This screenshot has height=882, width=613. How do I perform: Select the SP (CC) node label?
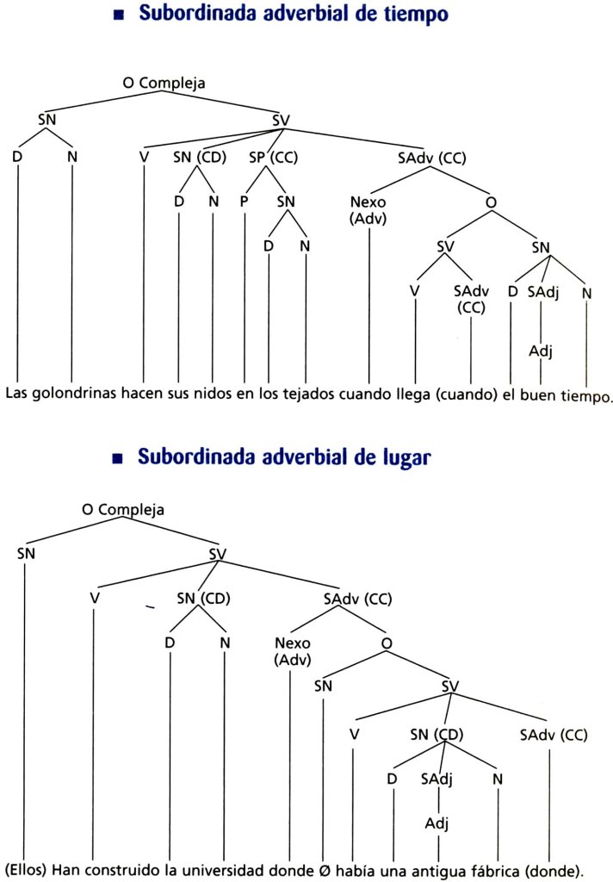coord(273,158)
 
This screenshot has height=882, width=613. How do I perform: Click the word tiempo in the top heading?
coord(416,14)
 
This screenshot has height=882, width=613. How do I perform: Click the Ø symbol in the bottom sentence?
coord(324,871)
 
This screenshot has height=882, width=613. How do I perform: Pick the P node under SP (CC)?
coord(244,202)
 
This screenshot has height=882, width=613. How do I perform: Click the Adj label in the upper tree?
coord(541,351)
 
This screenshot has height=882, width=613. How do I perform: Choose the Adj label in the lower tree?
coord(437,824)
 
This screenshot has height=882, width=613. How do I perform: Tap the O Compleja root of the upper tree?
coord(164,84)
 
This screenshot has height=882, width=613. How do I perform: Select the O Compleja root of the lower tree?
coord(123,510)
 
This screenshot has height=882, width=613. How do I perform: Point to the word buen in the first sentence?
coord(536,394)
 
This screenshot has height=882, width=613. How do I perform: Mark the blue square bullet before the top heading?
coord(118,16)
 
